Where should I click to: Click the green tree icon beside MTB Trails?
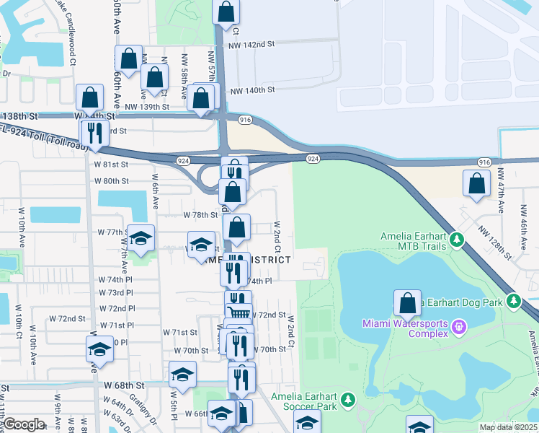point(455,238)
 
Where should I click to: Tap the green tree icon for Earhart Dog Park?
point(513,301)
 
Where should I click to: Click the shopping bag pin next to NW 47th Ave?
point(476,184)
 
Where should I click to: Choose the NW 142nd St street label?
point(251,45)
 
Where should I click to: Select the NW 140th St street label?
point(252,91)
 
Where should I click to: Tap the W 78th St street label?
point(200,215)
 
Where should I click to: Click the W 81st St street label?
point(111,165)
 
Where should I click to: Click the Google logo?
point(23,424)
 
